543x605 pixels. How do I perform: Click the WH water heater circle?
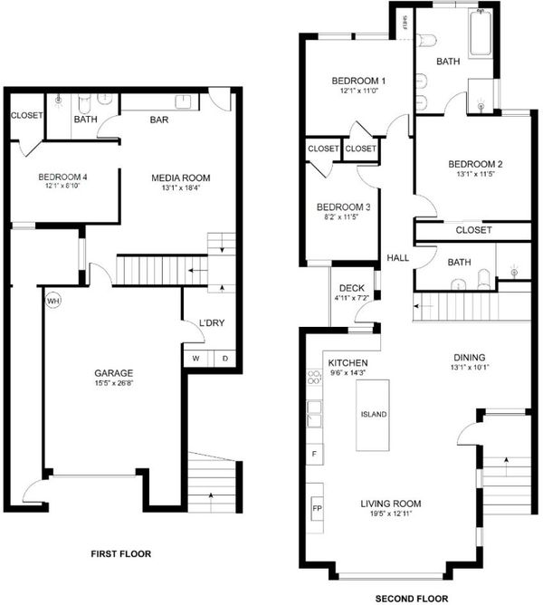[53, 301]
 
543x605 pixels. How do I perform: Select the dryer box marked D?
[224, 358]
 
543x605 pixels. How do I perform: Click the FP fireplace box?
[317, 508]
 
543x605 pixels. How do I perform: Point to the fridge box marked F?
[314, 454]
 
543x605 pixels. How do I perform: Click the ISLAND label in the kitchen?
[373, 415]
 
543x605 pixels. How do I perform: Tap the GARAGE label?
[114, 373]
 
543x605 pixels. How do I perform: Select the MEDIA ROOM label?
[180, 178]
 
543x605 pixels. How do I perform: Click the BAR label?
[159, 120]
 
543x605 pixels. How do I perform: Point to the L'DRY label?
[212, 323]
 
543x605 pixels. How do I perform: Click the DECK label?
[352, 288]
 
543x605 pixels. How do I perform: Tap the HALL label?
[397, 258]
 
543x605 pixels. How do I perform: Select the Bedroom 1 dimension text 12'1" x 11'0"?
[358, 91]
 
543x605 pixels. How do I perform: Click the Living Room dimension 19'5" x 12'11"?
[391, 514]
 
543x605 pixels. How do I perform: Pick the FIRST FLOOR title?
[121, 554]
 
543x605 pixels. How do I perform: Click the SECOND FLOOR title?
[412, 599]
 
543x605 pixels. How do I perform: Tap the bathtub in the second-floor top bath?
[481, 34]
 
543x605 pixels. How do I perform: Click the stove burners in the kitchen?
[314, 377]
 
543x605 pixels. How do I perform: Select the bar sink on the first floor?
[184, 101]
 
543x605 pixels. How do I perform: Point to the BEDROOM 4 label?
[62, 178]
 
